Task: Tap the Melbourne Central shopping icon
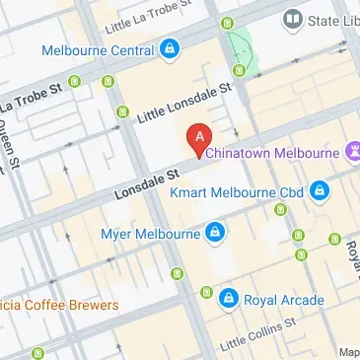tap(170, 48)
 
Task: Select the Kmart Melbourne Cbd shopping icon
tap(319, 190)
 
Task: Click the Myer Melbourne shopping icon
tap(214, 234)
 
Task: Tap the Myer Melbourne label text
tap(151, 234)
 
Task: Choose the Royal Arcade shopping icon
tap(228, 295)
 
